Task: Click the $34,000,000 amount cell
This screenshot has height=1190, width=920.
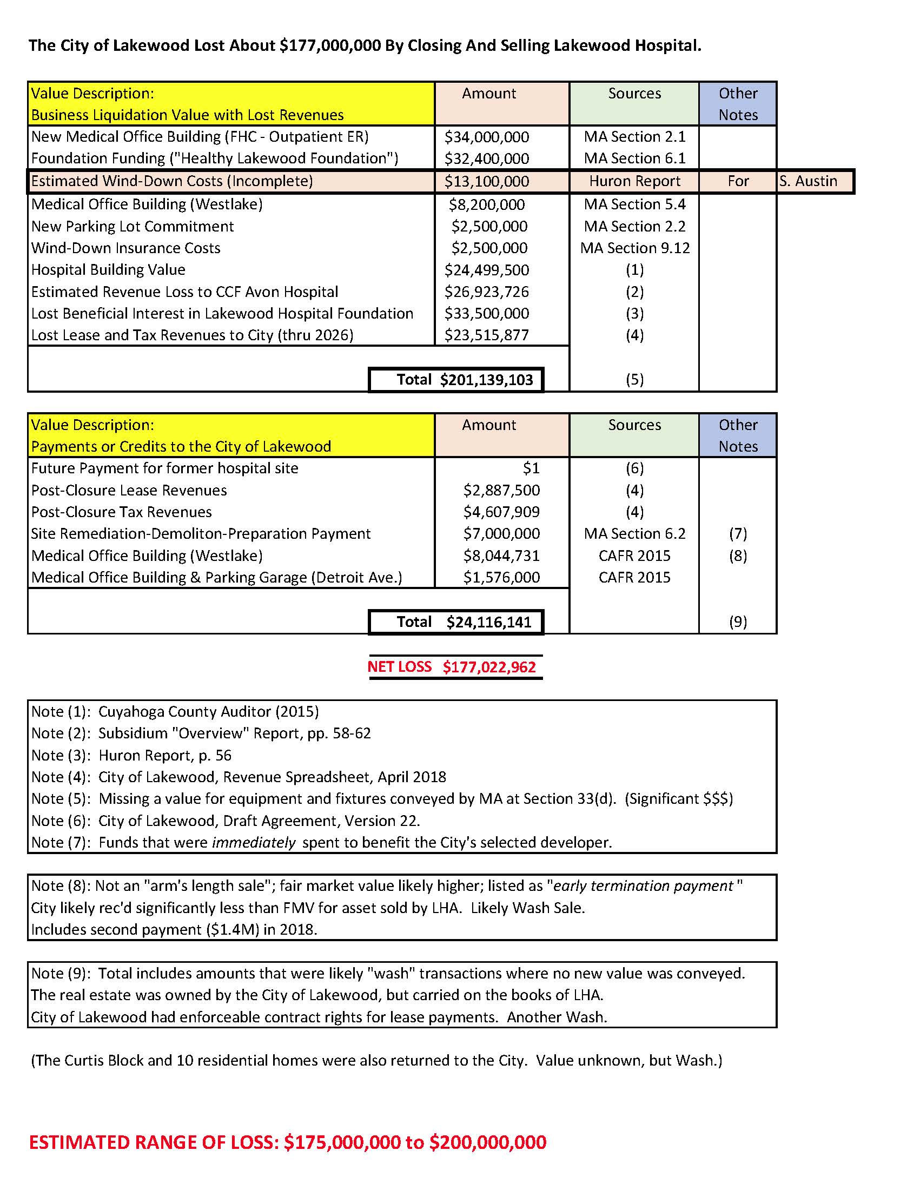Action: point(486,137)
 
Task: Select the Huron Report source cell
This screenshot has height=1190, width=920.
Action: point(634,181)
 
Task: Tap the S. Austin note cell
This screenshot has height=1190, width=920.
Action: point(808,181)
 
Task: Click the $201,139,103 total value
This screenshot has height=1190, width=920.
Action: point(486,380)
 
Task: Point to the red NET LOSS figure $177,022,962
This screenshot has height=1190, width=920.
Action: point(488,667)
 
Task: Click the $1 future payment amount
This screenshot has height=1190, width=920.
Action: point(531,468)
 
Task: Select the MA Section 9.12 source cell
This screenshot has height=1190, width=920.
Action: point(634,248)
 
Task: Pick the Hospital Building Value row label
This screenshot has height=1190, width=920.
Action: point(108,270)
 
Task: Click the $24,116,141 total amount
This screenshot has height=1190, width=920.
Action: point(488,622)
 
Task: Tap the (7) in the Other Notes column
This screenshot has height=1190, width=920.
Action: point(738,534)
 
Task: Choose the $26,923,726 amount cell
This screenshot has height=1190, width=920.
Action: point(486,292)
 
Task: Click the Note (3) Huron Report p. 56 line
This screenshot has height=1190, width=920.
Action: point(131,756)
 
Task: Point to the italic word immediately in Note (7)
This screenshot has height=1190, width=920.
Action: point(253,843)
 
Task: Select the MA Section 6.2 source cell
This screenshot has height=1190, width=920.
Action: point(634,534)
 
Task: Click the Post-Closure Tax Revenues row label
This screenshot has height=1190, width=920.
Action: point(121,512)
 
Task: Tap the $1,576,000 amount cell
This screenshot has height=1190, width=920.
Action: point(501,578)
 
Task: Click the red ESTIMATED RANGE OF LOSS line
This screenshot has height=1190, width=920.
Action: point(287,1142)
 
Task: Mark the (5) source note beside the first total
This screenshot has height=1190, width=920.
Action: point(634,380)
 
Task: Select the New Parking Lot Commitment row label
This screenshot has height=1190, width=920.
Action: point(133,227)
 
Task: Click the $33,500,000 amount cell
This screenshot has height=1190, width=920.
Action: point(486,314)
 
